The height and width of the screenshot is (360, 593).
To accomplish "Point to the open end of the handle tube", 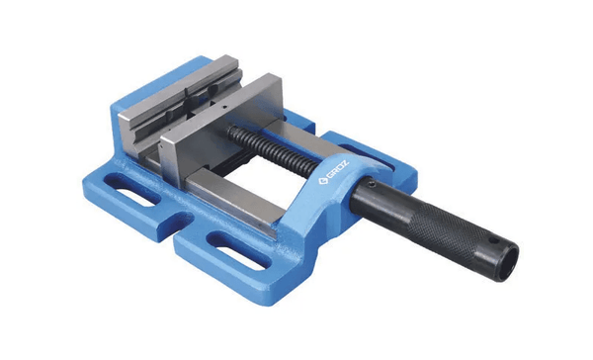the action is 507,262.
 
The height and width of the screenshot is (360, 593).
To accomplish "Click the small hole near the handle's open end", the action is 492,240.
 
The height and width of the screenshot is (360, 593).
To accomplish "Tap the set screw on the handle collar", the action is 372,184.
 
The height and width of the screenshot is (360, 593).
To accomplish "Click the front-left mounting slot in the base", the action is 132,191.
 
